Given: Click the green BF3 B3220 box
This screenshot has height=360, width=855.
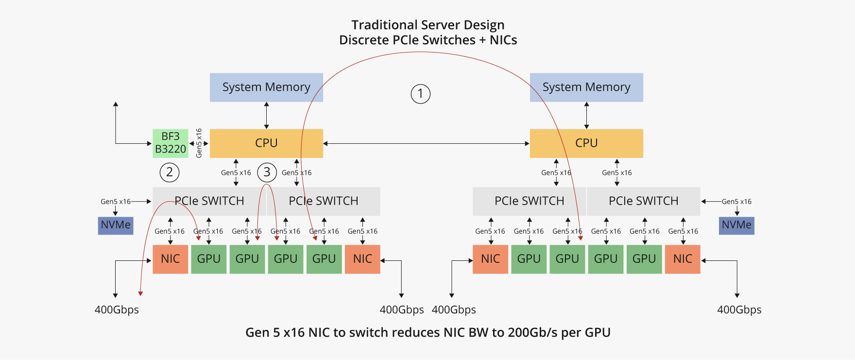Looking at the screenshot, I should (170, 143).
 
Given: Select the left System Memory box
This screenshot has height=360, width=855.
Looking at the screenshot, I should (266, 87).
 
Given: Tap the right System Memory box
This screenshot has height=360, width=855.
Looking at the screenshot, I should (586, 87).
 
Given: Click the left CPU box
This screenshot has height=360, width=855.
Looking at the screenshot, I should (266, 143).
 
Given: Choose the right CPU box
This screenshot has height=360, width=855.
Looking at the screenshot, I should (586, 143).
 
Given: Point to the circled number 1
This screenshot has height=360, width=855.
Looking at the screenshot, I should (421, 94).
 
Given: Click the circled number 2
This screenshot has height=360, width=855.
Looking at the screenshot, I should (170, 172).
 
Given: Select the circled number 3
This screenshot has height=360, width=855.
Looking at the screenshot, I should (267, 172).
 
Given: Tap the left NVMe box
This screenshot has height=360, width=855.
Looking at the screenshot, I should (116, 225).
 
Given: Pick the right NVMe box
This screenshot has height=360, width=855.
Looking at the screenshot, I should (736, 225).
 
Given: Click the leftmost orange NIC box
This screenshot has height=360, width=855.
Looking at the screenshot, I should (170, 259).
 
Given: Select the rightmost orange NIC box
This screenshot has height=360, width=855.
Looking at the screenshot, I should (683, 259).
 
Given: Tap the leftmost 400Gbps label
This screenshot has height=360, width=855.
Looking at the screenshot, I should (117, 310).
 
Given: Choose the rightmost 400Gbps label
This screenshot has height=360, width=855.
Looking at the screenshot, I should (739, 310).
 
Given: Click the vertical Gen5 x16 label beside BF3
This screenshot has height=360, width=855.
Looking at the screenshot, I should (199, 143).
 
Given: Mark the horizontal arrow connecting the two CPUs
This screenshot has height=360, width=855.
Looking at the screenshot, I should (426, 144).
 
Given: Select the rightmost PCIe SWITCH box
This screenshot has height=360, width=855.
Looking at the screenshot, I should (643, 201).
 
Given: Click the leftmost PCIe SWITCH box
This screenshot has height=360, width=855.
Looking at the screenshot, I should (209, 201).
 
